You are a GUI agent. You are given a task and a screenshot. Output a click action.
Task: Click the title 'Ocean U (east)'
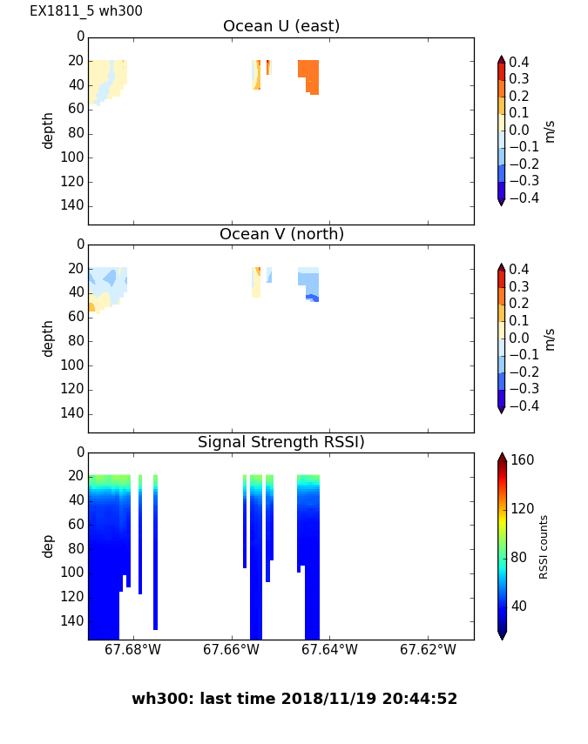pos(281,26)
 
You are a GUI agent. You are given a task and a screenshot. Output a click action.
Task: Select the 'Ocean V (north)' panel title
pos(281,234)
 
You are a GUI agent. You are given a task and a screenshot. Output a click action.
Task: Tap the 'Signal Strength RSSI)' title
pos(281,442)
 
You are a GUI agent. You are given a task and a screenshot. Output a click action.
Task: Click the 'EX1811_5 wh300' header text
pos(86,11)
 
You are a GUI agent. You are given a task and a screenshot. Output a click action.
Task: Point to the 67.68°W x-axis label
pos(132,650)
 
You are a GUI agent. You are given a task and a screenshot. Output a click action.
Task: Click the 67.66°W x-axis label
pos(231,650)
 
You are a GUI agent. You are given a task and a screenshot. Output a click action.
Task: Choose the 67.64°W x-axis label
pos(329,650)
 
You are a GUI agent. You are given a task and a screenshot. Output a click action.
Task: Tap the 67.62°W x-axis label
pos(428,650)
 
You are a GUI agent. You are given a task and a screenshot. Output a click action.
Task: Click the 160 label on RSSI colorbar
pos(523,460)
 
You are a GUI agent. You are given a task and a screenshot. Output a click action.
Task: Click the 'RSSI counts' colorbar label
pos(544,546)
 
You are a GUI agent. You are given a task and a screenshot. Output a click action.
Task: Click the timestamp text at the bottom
pos(294,699)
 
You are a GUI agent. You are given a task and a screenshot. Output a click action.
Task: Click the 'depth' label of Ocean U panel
pos(49,130)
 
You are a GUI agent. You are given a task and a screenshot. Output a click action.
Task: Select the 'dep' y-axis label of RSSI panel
pos(49,546)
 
